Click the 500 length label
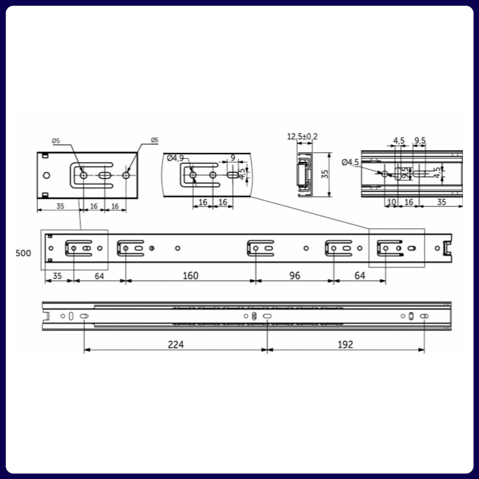click(23, 253)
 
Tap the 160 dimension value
click(190, 275)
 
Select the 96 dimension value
click(295, 275)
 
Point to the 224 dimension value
click(176, 344)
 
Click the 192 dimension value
click(345, 344)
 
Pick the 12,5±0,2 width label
click(302, 137)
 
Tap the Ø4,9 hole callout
click(175, 158)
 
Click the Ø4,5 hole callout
click(350, 162)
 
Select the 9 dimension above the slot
click(233, 158)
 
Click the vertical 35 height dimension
click(325, 174)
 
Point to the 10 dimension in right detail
click(391, 202)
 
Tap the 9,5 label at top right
click(420, 141)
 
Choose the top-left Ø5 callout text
click(56, 141)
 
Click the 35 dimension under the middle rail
click(57, 275)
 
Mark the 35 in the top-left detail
click(60, 206)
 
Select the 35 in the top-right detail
click(441, 202)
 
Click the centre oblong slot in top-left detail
click(105, 175)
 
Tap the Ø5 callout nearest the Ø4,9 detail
click(155, 140)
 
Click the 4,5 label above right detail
click(399, 141)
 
